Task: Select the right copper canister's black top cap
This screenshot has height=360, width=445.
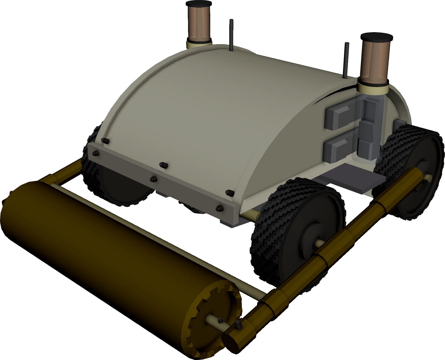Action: [377, 37]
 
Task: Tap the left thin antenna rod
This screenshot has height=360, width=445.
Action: [231, 34]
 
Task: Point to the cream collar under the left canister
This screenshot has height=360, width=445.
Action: [198, 44]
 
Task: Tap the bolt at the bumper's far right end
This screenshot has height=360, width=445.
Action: [220, 208]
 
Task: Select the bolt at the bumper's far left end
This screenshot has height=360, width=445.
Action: [96, 153]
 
